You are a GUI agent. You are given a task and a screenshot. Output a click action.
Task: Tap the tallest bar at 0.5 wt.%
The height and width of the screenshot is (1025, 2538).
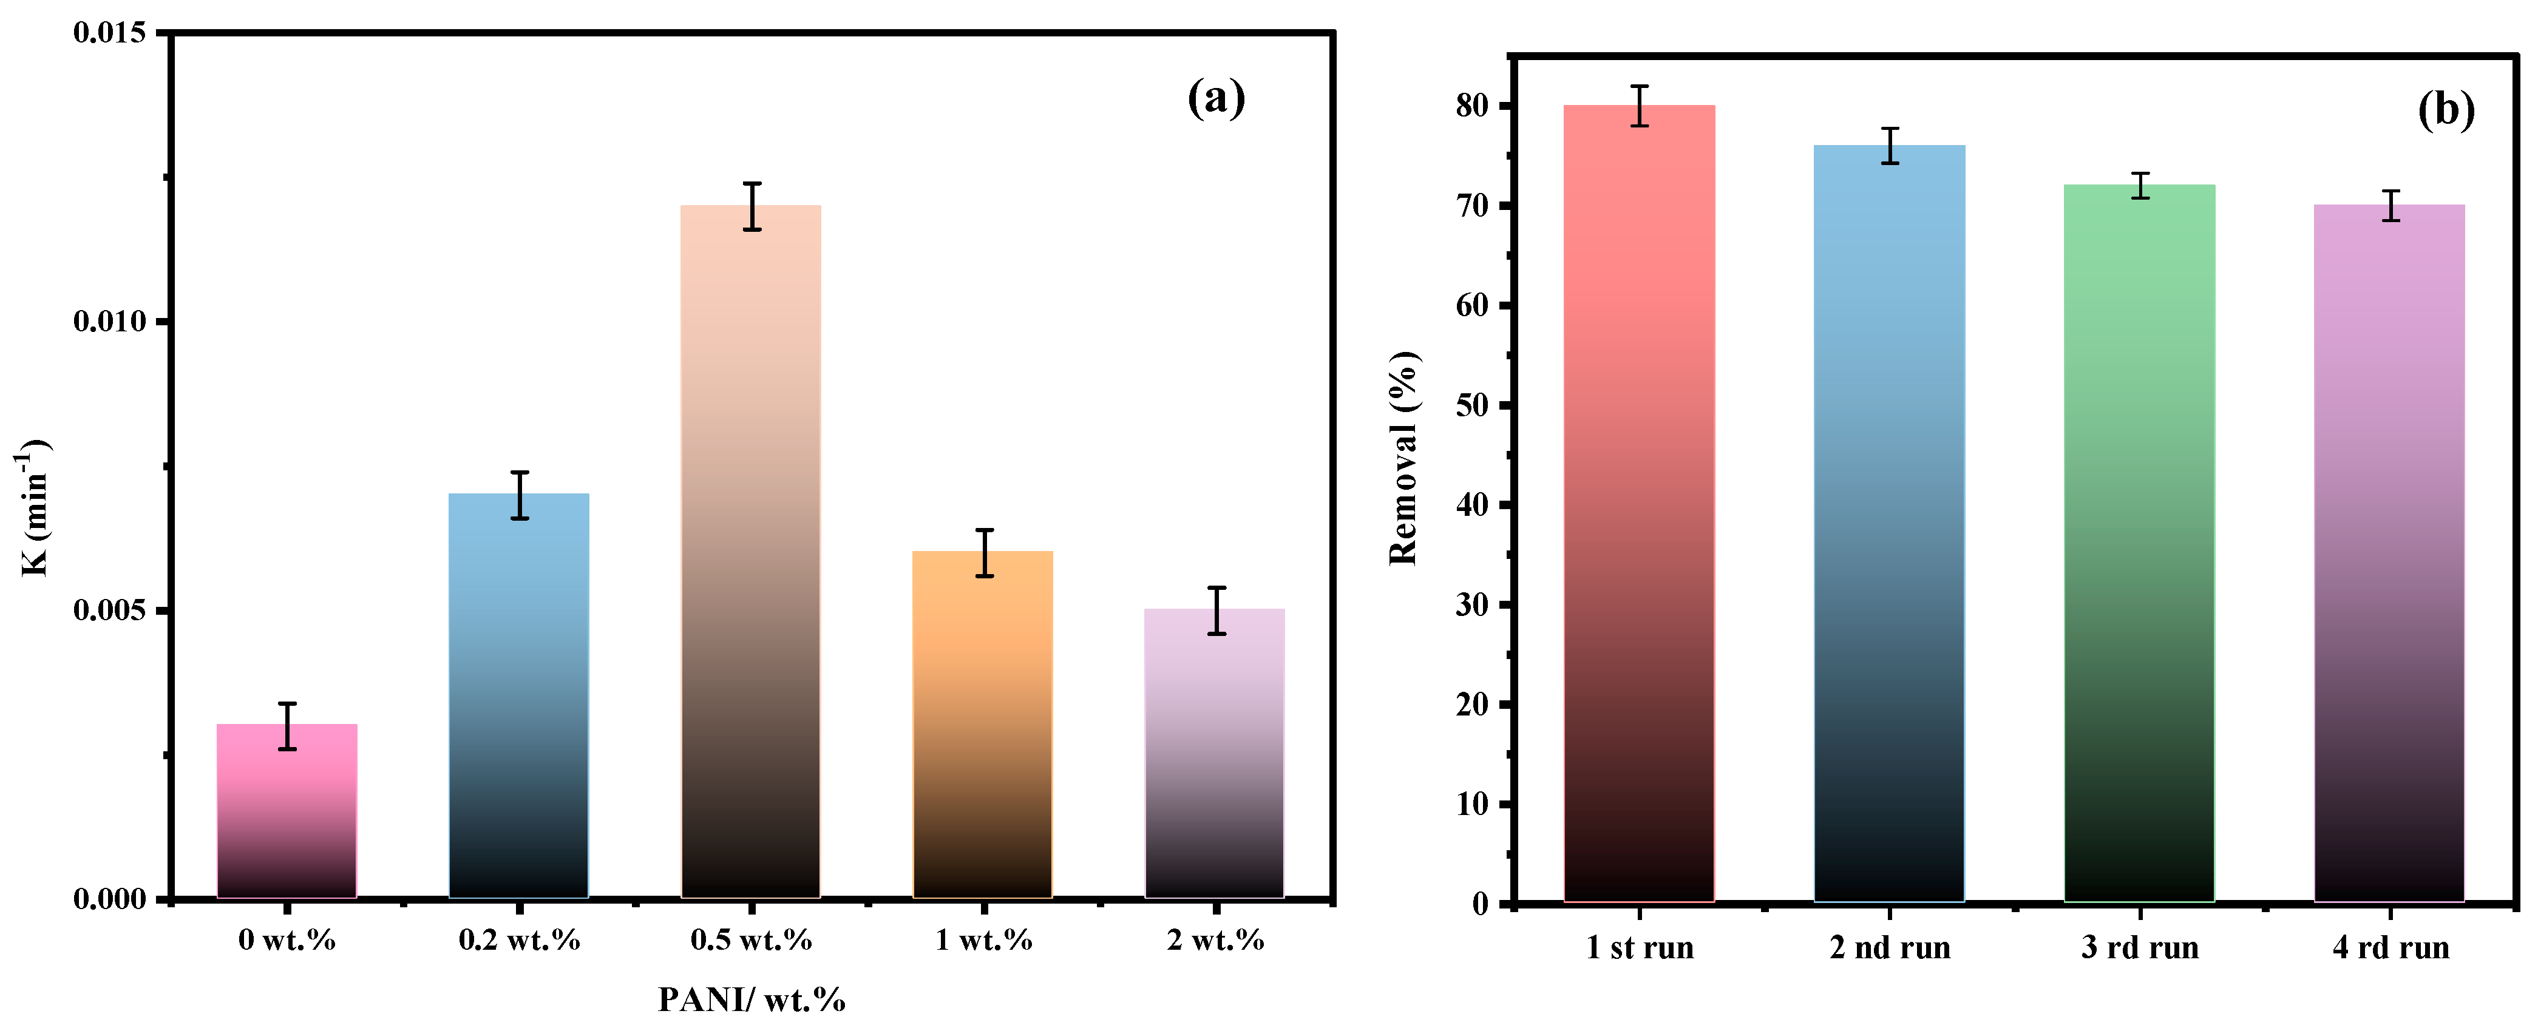[751, 552]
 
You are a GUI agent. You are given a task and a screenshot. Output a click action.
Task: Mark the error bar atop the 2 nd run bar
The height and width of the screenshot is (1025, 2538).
[1890, 146]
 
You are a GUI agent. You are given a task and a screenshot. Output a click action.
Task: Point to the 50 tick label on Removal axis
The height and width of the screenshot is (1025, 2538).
[1472, 405]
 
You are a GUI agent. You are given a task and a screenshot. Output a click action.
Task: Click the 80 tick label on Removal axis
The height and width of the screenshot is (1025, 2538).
[1472, 106]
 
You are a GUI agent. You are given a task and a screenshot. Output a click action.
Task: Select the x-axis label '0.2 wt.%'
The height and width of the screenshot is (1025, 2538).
[519, 940]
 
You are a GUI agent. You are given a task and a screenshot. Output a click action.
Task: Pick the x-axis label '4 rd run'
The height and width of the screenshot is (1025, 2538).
[2390, 948]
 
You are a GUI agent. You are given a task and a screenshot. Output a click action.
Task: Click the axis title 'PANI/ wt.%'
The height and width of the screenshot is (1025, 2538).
[751, 1000]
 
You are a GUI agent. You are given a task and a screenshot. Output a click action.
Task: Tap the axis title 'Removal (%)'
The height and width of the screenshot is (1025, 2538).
[1403, 458]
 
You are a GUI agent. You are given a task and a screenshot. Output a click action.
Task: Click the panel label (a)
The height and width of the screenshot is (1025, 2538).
[1216, 98]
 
